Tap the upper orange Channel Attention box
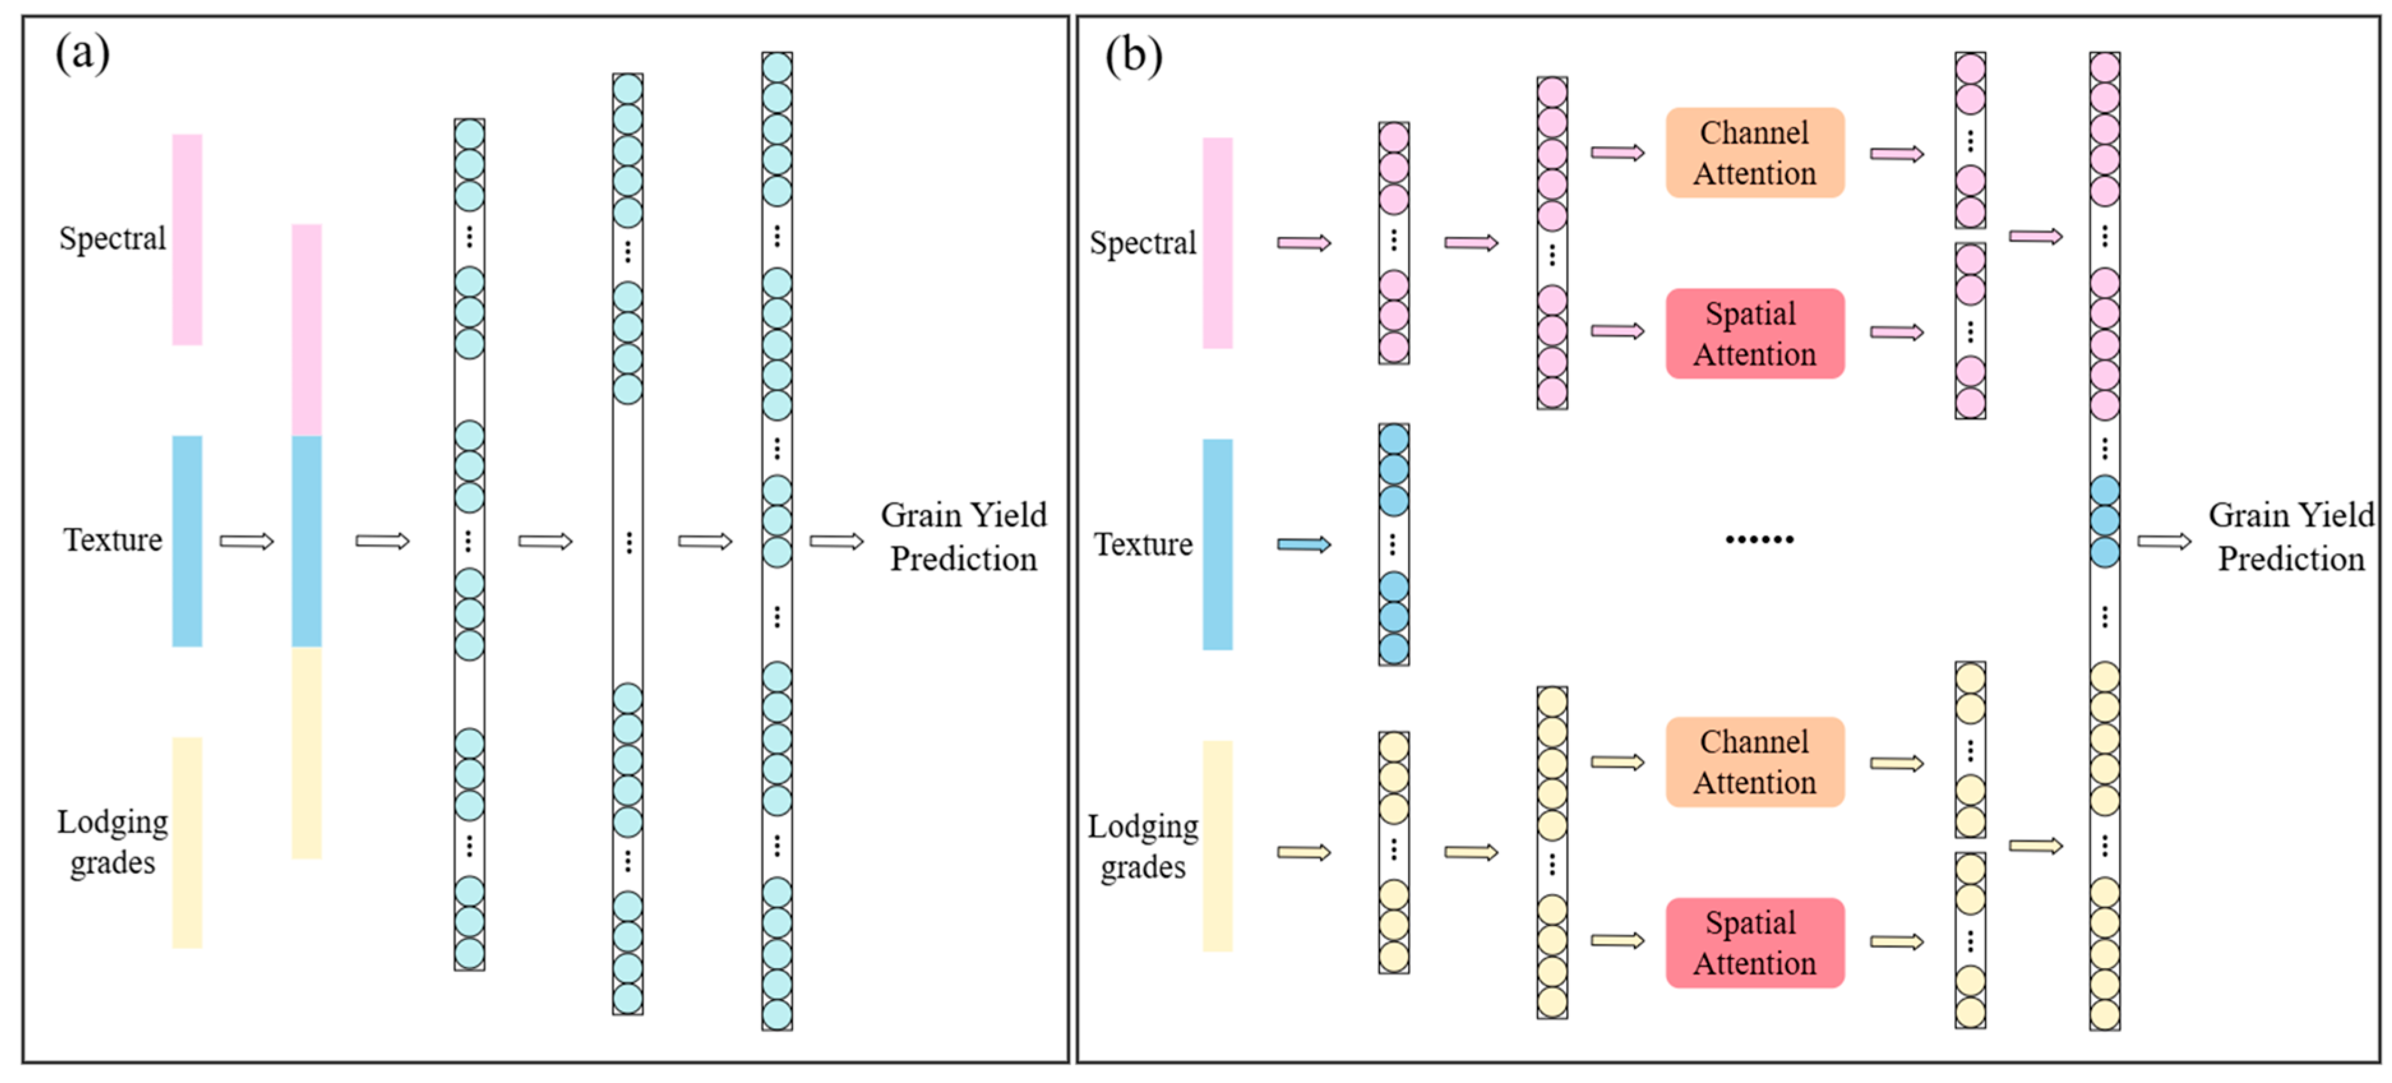tap(1754, 153)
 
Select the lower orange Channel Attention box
tap(1754, 762)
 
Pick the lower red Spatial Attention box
tap(1754, 942)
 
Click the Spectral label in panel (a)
tap(112, 239)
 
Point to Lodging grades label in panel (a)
tap(112, 842)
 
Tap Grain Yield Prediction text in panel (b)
tap(2291, 536)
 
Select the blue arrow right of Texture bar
tap(1304, 545)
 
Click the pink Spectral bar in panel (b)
tap(1217, 243)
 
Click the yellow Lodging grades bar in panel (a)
tap(187, 842)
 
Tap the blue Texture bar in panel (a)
tap(187, 541)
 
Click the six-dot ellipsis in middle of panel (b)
tap(1758, 539)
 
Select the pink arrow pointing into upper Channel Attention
tap(1617, 153)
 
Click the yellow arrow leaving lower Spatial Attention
tap(1896, 942)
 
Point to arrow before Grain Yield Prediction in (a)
tap(836, 541)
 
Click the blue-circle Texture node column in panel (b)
tap(1393, 545)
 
